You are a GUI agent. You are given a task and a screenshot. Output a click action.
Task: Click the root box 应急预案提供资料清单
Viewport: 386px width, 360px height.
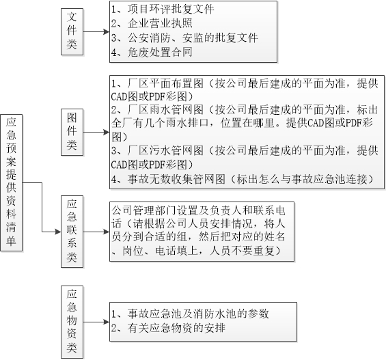coord(12,182)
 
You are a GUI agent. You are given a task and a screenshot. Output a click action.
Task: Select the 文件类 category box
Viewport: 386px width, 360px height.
coord(72,31)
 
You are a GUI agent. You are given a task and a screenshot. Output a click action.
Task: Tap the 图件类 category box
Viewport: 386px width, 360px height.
coord(72,132)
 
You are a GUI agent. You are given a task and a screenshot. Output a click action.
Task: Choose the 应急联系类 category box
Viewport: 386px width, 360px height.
coord(72,232)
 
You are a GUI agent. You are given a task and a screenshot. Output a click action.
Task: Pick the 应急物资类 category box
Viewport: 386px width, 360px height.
coord(72,322)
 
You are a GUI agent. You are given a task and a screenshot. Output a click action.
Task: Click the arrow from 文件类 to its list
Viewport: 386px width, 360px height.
coord(96,31)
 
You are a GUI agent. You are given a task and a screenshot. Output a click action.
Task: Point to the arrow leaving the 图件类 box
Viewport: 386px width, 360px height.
coord(96,132)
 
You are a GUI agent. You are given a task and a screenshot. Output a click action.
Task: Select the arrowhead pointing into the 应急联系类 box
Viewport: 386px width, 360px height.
coord(58,232)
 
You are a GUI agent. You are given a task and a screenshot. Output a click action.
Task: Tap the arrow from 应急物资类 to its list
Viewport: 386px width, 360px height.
coord(96,322)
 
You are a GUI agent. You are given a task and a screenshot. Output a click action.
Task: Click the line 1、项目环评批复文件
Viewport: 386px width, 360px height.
coord(163,10)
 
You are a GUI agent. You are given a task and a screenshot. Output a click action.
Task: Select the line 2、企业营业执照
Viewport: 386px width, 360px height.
coord(152,23)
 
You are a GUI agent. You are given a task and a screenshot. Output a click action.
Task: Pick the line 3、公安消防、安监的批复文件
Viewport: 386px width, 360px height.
coord(184,38)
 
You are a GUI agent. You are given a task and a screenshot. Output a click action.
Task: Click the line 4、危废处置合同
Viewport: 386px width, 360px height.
coord(152,52)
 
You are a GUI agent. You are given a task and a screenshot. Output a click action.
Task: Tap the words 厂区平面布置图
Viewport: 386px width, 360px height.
coord(165,83)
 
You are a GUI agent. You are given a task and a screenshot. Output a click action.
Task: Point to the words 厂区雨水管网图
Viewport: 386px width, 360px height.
coord(165,110)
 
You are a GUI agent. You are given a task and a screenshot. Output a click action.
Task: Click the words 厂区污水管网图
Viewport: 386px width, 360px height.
coord(165,150)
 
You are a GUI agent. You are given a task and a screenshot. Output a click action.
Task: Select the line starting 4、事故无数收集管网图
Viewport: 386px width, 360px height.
coord(243,179)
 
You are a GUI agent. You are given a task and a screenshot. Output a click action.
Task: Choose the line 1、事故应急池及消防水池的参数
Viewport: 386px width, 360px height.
coord(190,314)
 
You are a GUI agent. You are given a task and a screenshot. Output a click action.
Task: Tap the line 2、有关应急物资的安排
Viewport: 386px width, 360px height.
coord(168,328)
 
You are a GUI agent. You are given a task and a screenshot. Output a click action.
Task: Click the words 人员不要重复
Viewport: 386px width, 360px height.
coord(242,251)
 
